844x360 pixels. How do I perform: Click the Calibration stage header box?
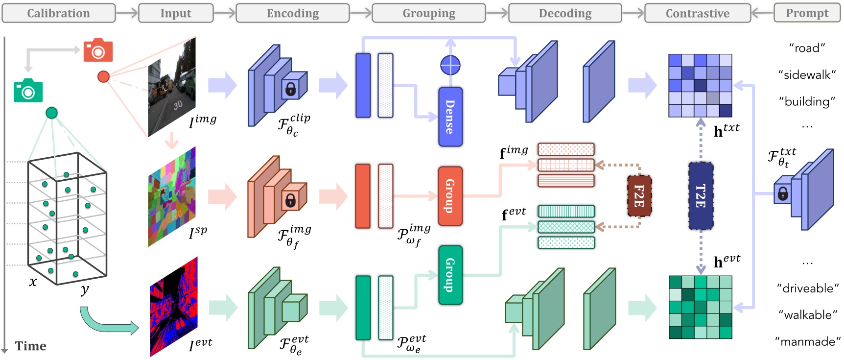58,13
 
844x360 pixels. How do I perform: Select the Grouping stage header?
428,13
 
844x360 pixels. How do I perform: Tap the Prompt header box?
807,13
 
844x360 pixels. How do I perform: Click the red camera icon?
98,50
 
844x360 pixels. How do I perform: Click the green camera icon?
28,91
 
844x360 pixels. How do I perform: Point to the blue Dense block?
450,117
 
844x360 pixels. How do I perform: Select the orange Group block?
450,196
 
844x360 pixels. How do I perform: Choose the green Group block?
450,275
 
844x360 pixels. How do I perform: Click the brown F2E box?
639,196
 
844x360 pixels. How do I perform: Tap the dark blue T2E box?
701,196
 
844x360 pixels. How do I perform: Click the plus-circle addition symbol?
450,65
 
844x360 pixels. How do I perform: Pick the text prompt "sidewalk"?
807,75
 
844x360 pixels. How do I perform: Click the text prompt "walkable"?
808,315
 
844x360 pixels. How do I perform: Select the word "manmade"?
808,341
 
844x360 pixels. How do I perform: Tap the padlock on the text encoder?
782,194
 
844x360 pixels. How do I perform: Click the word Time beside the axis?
30,346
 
